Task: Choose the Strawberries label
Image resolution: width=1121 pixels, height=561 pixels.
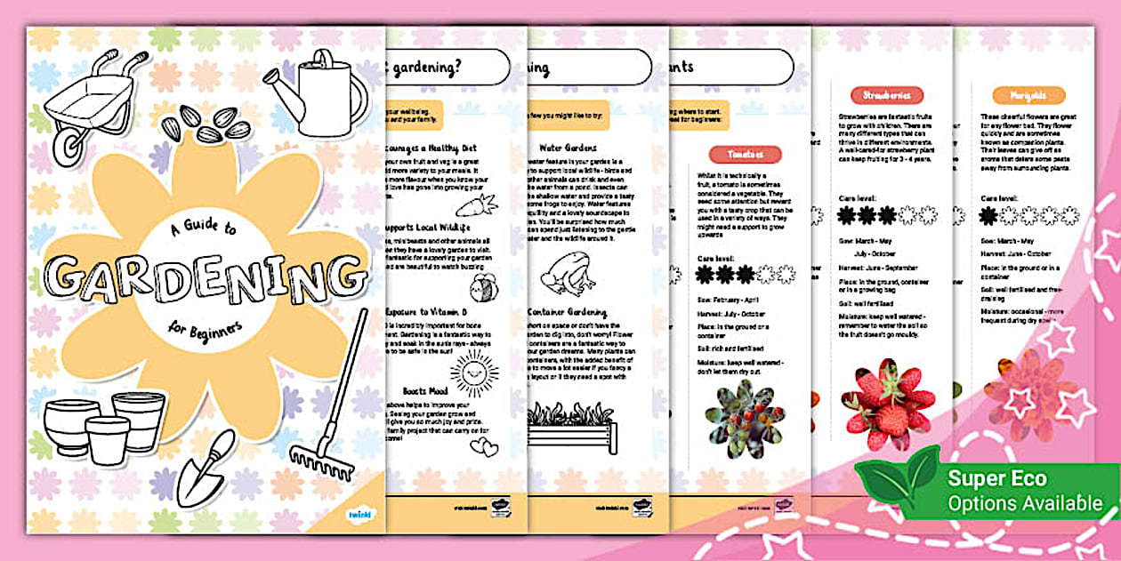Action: [x=886, y=95]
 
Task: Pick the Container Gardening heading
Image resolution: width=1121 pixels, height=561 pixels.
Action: [x=567, y=313]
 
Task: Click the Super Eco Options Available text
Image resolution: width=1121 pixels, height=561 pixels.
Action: [x=1023, y=491]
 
